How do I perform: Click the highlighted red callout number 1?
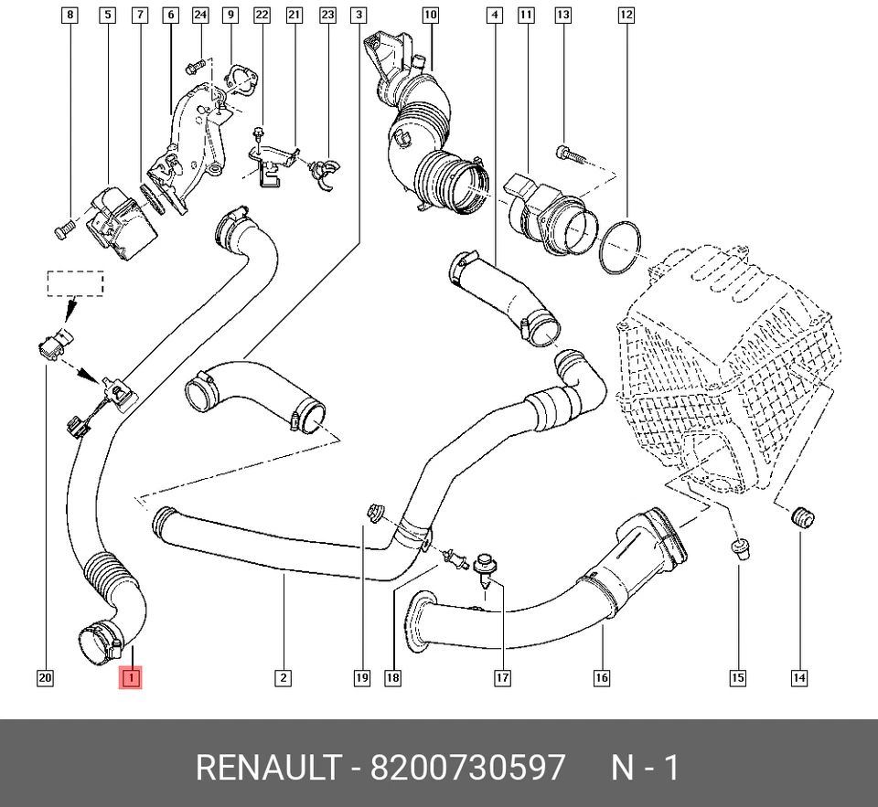click(131, 677)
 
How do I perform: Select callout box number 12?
click(626, 15)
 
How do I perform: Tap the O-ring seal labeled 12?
click(619, 246)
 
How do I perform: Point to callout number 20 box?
click(45, 677)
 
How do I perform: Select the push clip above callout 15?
click(739, 549)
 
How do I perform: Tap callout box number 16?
click(601, 677)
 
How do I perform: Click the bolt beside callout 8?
click(62, 230)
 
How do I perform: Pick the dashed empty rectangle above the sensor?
click(75, 283)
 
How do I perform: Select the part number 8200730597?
click(467, 768)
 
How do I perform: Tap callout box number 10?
click(430, 15)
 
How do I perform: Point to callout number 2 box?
click(283, 677)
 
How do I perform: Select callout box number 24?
click(200, 15)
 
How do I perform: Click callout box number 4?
click(494, 15)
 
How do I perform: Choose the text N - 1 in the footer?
click(645, 768)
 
